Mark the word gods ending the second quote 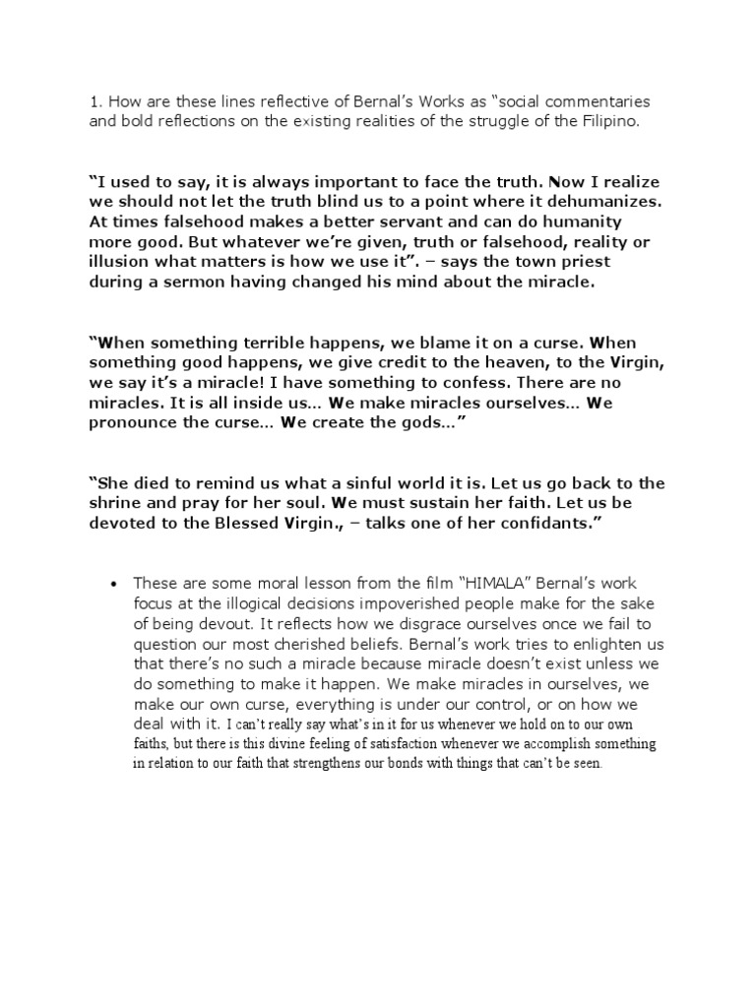point(405,422)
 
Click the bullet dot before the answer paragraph point(117,583)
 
